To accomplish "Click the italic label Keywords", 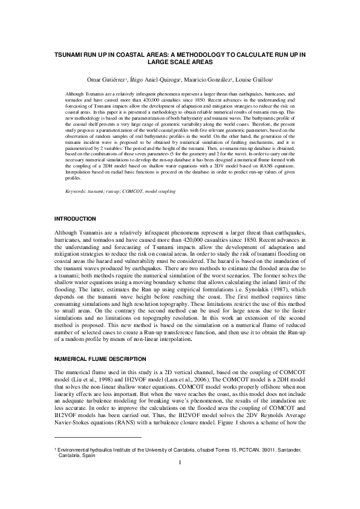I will [x=76, y=191].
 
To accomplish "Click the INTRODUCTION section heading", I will [x=75, y=218].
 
